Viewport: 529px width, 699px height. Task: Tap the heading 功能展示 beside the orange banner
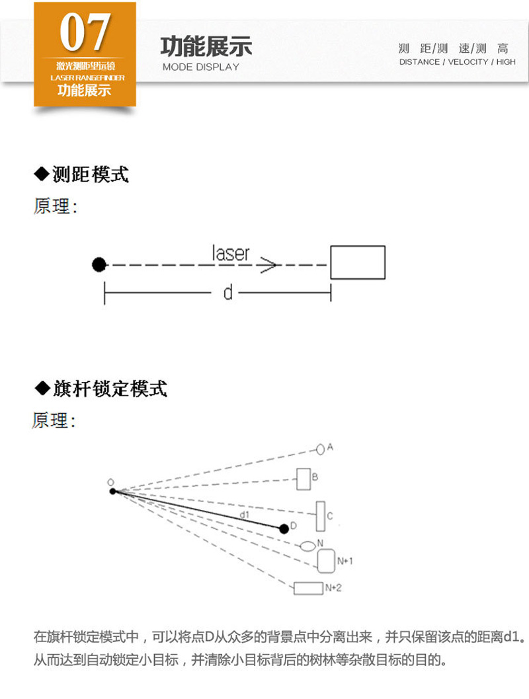click(x=206, y=48)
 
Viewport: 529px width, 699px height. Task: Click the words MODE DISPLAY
click(x=200, y=67)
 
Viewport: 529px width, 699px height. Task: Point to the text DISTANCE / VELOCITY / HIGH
click(x=457, y=62)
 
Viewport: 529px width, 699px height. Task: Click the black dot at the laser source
click(x=99, y=265)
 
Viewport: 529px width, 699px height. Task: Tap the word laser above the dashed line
click(x=231, y=253)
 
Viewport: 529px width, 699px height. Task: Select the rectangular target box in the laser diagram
click(x=357, y=262)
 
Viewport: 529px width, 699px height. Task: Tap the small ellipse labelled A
click(x=321, y=449)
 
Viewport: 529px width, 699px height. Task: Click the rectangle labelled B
click(x=304, y=479)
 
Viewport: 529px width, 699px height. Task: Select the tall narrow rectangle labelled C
click(x=320, y=516)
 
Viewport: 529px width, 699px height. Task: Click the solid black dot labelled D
click(x=284, y=529)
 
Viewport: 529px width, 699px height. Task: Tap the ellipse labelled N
click(x=307, y=546)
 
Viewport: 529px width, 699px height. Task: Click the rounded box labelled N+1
click(x=326, y=561)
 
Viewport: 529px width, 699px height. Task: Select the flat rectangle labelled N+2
click(x=307, y=588)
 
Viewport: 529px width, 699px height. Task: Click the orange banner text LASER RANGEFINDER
click(x=85, y=77)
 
